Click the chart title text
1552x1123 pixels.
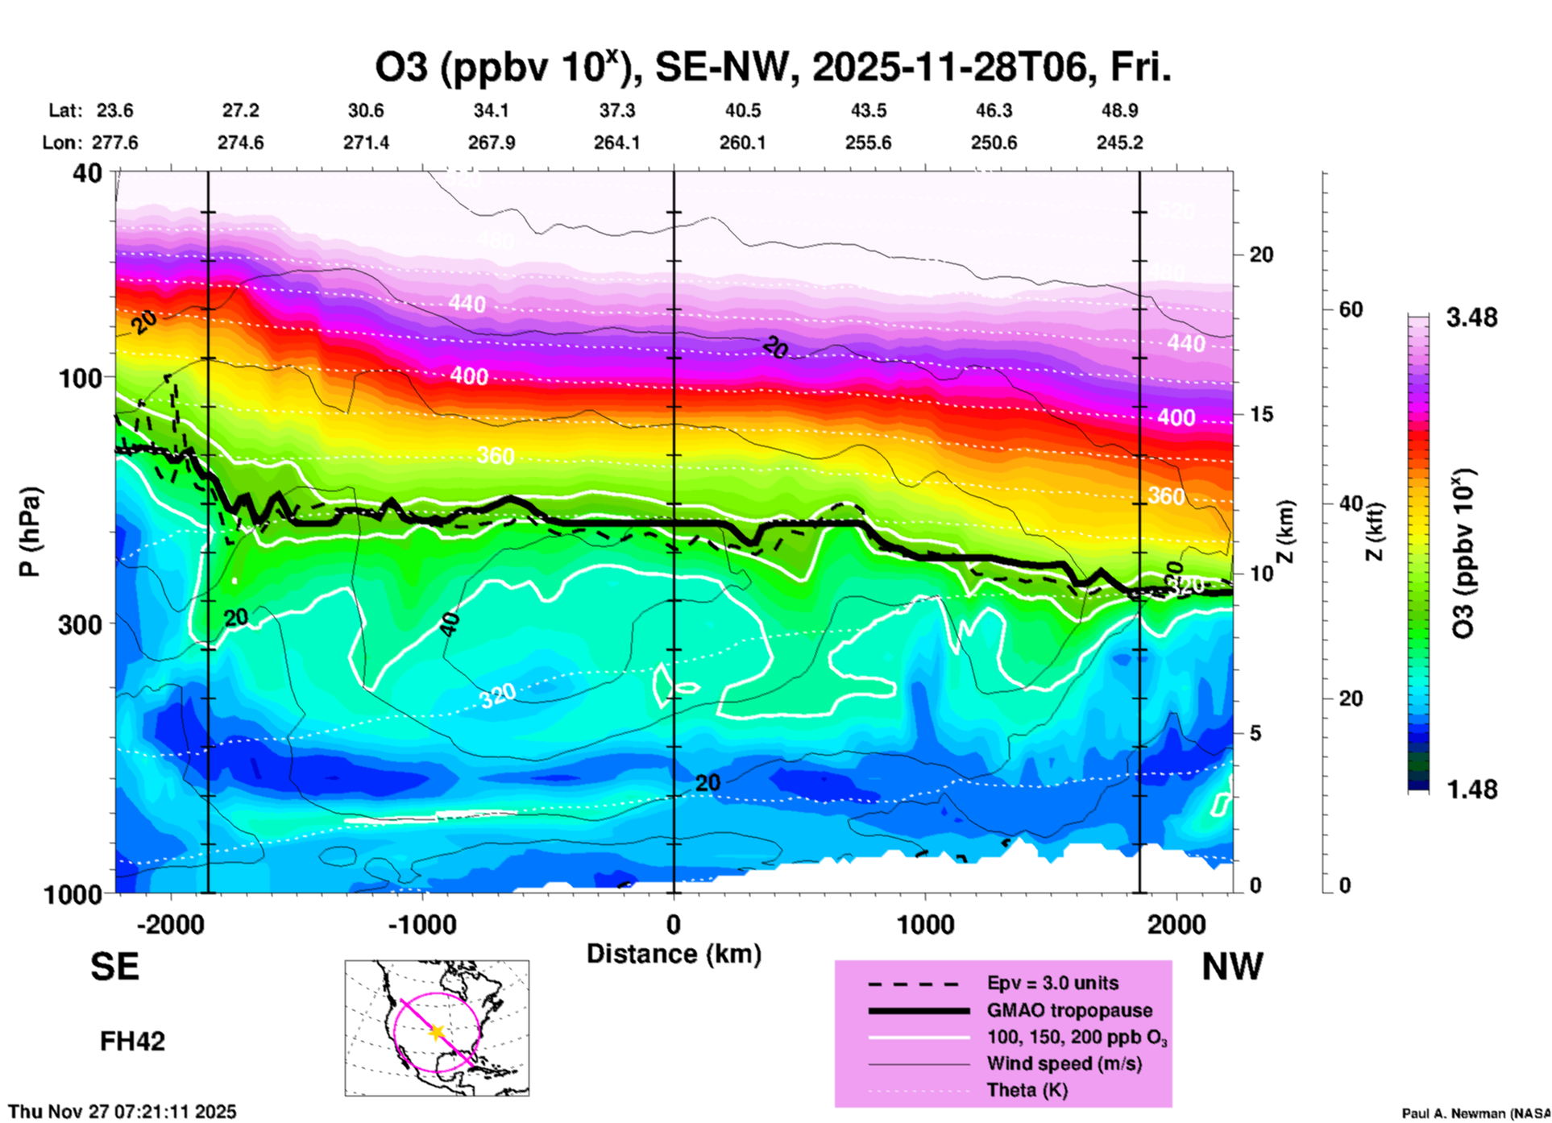772,67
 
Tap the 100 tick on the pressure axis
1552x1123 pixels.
83,377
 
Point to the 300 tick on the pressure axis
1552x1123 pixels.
83,624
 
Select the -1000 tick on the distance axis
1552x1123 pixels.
422,925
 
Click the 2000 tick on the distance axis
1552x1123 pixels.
1176,925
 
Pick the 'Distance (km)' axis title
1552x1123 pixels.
674,954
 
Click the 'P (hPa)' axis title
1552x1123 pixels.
30,532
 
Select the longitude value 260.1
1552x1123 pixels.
742,143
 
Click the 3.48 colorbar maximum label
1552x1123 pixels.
1471,317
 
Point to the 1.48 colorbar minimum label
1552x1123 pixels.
1471,789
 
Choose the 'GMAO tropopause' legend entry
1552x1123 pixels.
1069,1010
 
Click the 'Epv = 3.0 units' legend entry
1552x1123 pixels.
1052,983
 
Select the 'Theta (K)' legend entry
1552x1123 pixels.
1027,1090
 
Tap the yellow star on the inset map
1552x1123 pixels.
437,1032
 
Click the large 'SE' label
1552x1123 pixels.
114,967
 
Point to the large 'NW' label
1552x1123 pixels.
1232,967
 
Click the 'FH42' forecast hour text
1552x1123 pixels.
132,1042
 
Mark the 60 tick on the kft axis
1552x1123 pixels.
1350,309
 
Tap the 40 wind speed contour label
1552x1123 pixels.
450,624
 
